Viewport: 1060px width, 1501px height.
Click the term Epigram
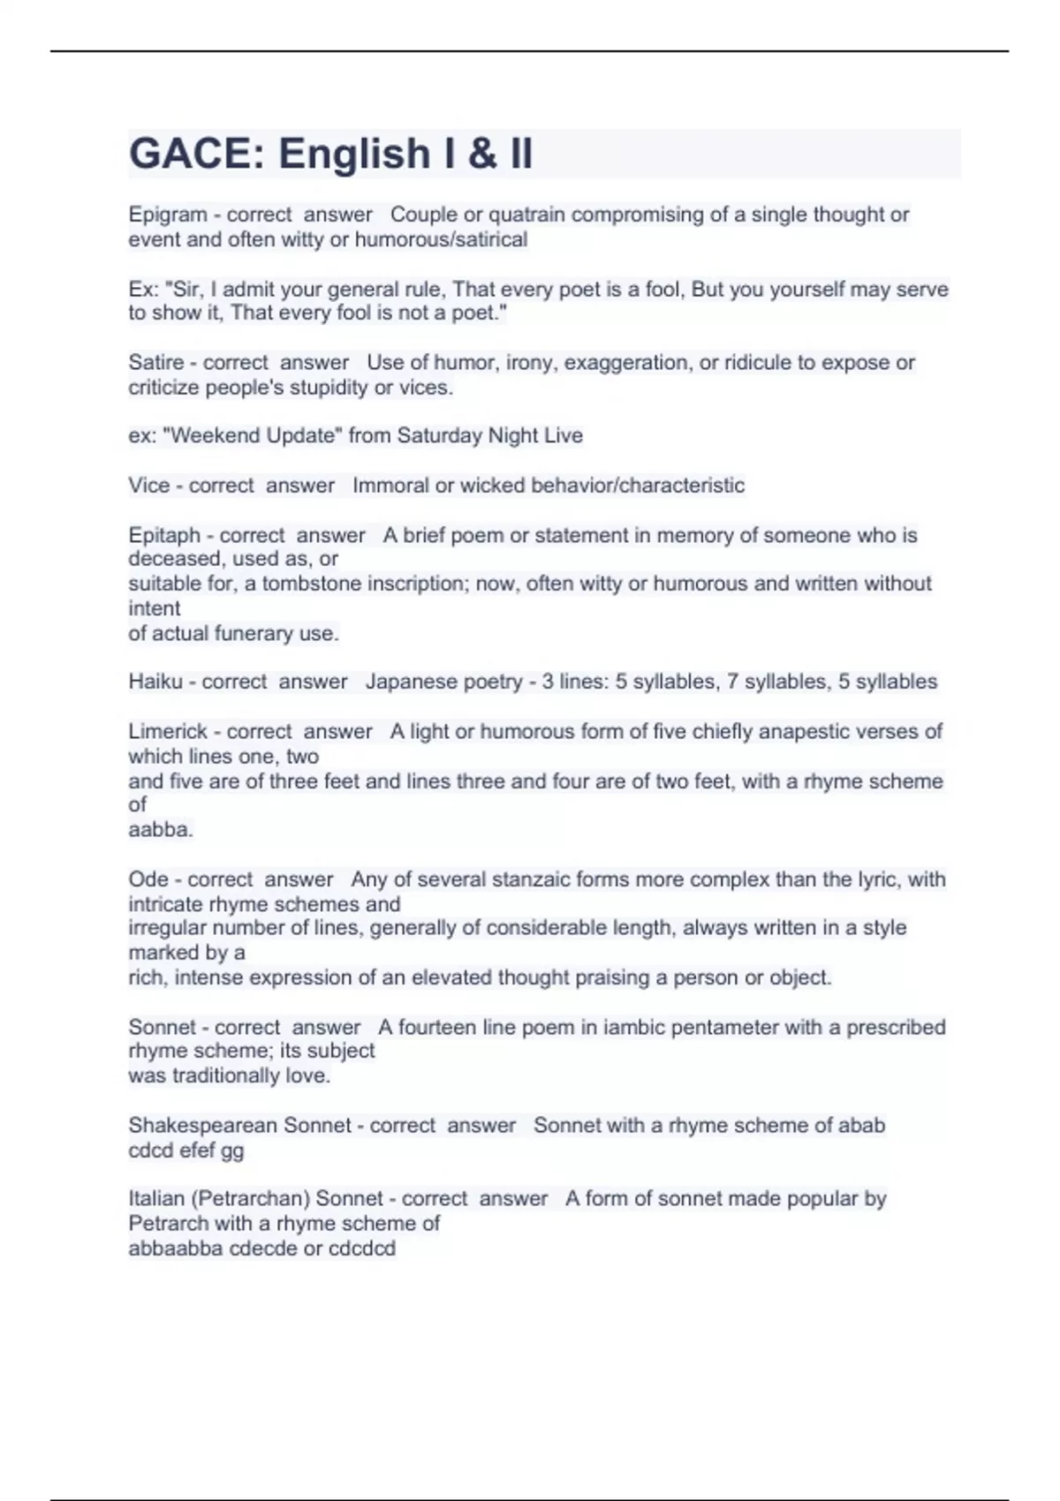click(168, 215)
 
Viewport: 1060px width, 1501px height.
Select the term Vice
click(148, 486)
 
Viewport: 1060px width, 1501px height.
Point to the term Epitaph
click(164, 535)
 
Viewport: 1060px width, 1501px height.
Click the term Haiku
click(155, 682)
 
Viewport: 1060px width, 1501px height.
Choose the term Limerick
click(168, 731)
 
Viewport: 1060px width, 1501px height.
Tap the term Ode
click(148, 879)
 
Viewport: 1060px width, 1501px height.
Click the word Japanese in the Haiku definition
click(408, 682)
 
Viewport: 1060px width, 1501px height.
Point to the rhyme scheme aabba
click(160, 830)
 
